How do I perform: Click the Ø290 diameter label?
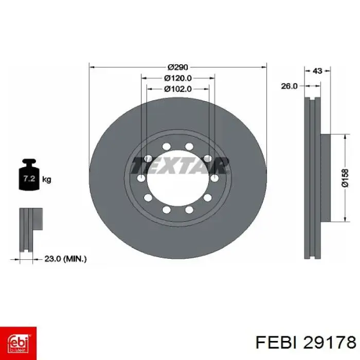click(x=178, y=67)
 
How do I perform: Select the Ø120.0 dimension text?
click(x=178, y=78)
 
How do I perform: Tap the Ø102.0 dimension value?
click(x=178, y=89)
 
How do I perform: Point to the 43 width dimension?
click(x=317, y=71)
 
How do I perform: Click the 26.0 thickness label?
click(x=289, y=86)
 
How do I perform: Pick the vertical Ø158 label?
click(x=345, y=178)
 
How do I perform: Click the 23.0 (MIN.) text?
click(x=65, y=259)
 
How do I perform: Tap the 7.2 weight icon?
click(x=29, y=174)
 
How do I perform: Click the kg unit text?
click(x=47, y=179)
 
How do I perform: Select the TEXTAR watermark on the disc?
click(x=180, y=166)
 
